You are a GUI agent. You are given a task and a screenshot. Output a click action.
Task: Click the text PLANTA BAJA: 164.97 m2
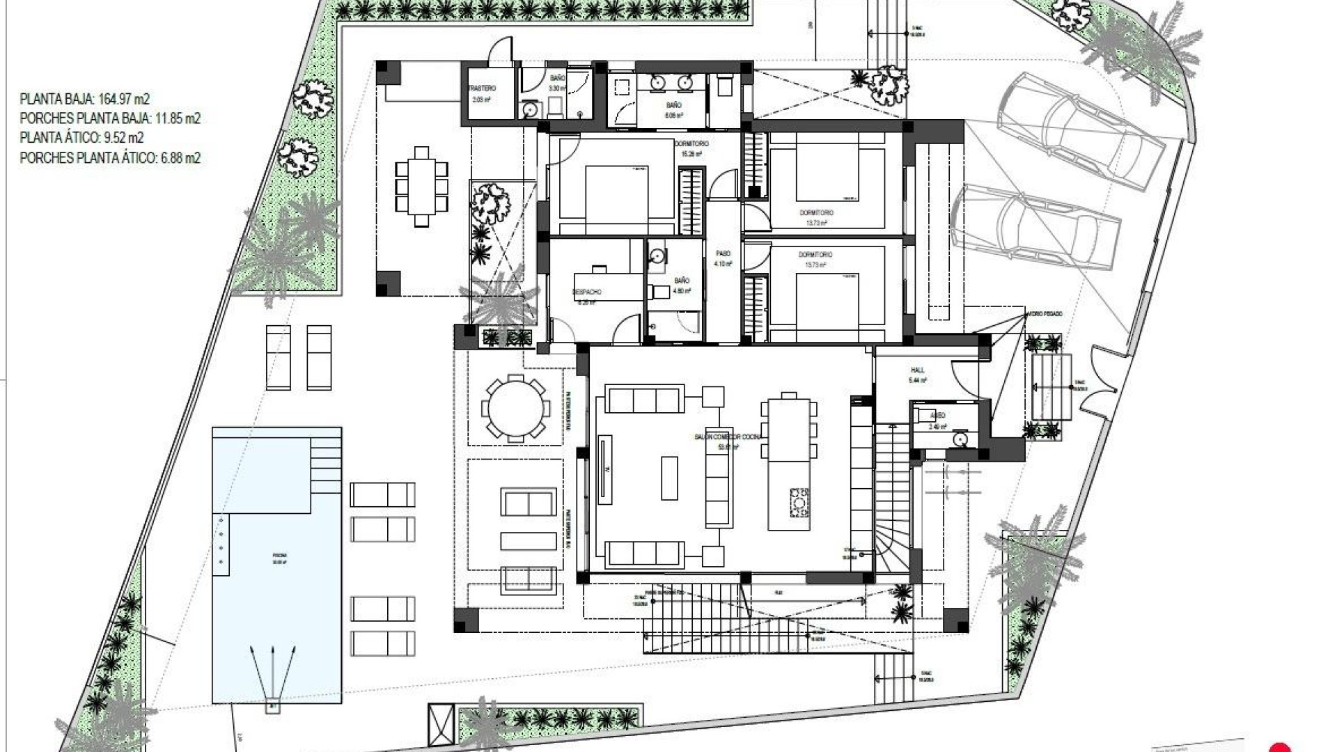click(85, 99)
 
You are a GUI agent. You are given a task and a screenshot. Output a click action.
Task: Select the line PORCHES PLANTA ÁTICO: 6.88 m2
click(110, 158)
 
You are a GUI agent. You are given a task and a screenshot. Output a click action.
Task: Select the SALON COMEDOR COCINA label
click(728, 437)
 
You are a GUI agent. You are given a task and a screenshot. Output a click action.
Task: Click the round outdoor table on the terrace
click(515, 409)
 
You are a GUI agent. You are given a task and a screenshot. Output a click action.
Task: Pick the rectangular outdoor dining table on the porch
click(421, 187)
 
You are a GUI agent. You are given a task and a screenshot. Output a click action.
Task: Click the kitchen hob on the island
click(800, 503)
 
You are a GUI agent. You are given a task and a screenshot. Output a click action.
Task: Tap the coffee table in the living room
click(669, 478)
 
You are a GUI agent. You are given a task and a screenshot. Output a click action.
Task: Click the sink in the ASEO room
click(961, 439)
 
